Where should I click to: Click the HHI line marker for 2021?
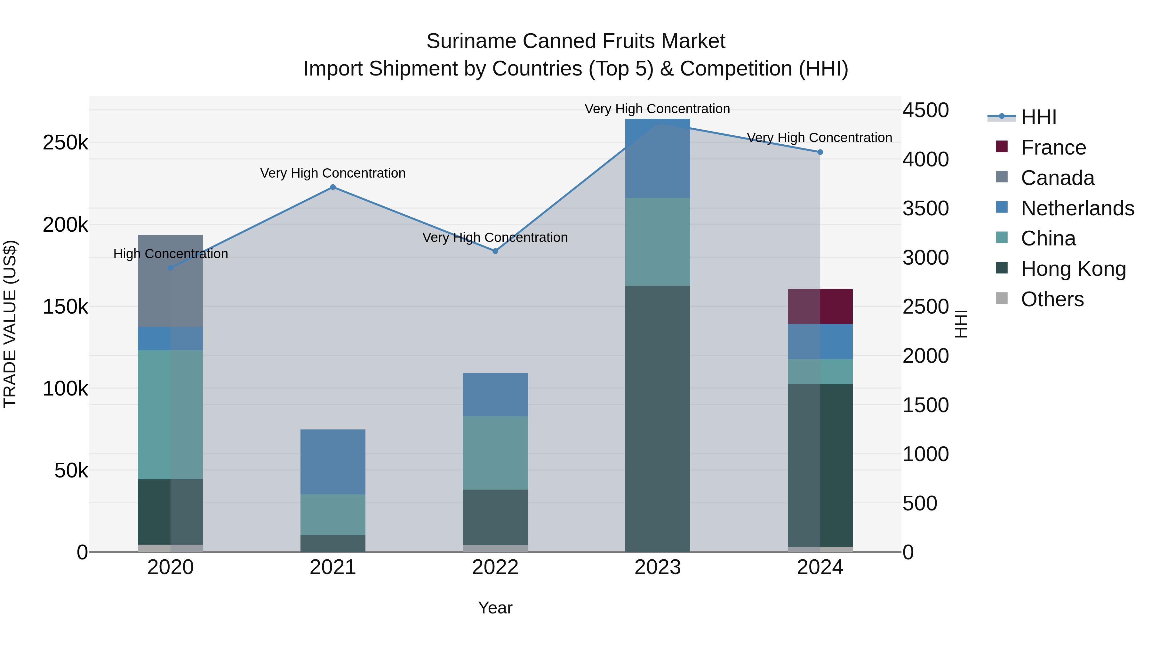[x=333, y=187]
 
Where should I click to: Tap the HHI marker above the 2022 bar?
[x=495, y=251]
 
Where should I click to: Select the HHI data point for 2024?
[x=820, y=152]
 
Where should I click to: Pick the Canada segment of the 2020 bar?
[x=170, y=281]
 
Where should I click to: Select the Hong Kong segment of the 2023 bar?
[x=657, y=418]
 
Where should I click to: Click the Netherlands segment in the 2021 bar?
[x=333, y=461]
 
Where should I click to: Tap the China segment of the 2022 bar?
[x=495, y=452]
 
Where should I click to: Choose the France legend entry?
[x=1053, y=148]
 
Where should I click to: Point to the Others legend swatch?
[x=1002, y=298]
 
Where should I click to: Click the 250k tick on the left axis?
[x=65, y=143]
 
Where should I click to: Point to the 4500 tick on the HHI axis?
[x=925, y=110]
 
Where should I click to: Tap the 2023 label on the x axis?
[x=657, y=567]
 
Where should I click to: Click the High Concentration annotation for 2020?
[x=170, y=253]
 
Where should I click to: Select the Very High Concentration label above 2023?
[x=657, y=109]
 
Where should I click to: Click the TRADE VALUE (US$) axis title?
[x=10, y=324]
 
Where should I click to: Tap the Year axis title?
[x=495, y=608]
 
